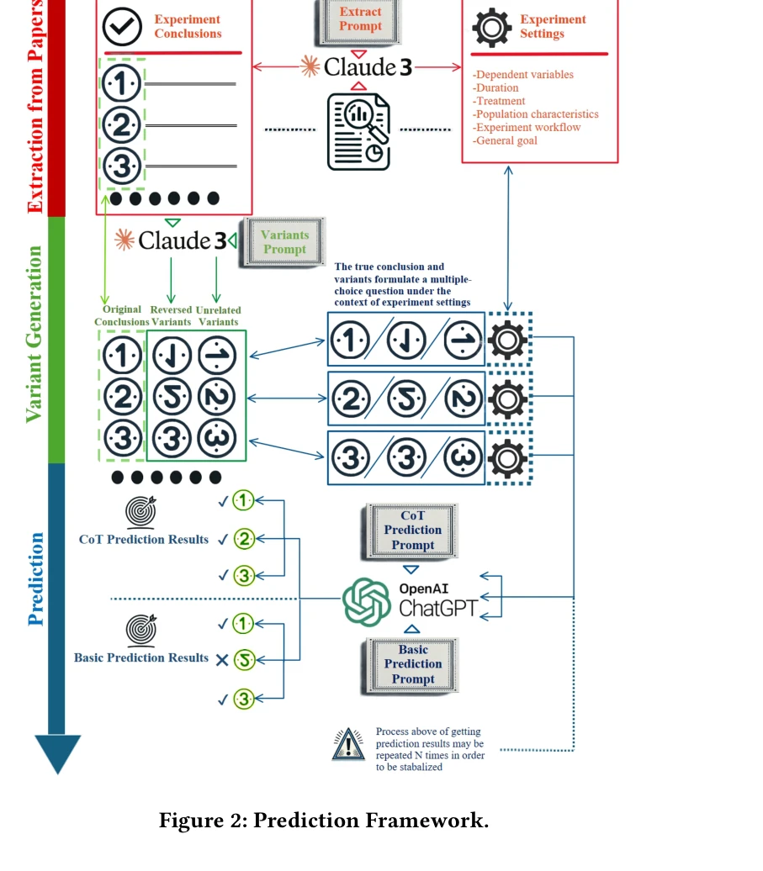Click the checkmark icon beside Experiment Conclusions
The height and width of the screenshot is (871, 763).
coord(122,26)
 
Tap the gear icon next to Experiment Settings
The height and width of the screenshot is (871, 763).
coord(491,26)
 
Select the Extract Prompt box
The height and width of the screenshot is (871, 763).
coord(360,19)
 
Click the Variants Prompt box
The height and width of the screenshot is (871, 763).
coord(283,242)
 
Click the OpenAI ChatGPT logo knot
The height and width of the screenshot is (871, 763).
coord(367,602)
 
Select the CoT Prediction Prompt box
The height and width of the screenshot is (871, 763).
coord(412,531)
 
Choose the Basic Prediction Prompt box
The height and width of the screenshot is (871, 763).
coord(412,664)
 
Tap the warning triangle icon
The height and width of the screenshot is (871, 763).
coord(348,745)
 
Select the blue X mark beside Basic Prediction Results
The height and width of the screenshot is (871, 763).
coord(222,660)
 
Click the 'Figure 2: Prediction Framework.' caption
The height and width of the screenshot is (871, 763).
coord(324,821)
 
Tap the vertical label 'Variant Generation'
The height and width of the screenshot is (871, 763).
coord(34,334)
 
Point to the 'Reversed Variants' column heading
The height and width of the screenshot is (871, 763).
coord(171,315)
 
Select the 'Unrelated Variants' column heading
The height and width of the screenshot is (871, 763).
coord(218,315)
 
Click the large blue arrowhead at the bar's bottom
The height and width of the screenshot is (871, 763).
coord(57,752)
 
